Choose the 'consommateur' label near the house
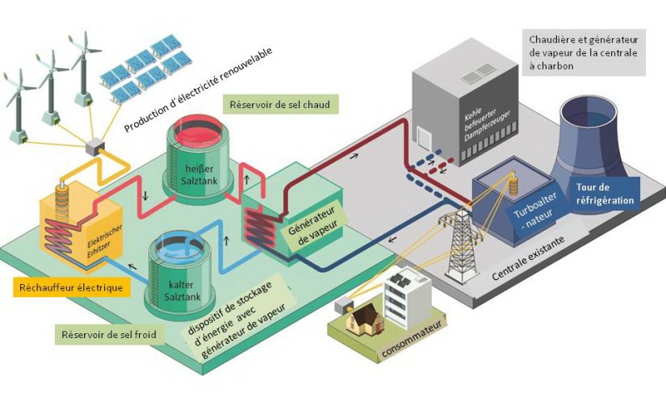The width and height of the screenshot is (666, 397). pyautogui.click(x=396, y=349)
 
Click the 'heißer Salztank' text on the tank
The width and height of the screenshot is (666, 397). pyautogui.click(x=197, y=161)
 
